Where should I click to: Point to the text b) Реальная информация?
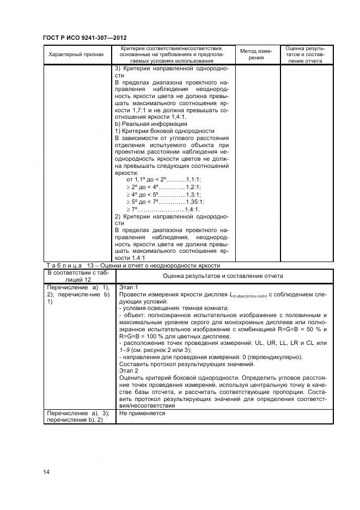(x=151, y=124)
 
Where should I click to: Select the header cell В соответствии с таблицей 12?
(x=78, y=276)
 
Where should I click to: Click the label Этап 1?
(x=129, y=287)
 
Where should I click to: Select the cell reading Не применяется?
(x=142, y=414)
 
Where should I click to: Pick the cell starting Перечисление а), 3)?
(x=78, y=417)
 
